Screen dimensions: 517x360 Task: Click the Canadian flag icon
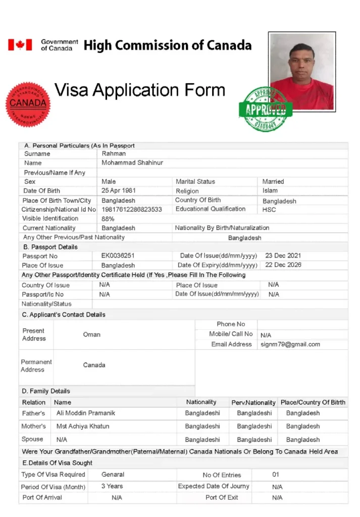point(20,45)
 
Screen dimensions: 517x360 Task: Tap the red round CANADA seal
point(28,105)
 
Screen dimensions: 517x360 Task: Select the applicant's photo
point(302,72)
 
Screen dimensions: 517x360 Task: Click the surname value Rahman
point(114,153)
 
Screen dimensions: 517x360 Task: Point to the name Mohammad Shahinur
point(132,163)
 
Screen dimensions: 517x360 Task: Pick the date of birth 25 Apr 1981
point(119,191)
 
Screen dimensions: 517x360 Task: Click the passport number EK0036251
point(118,256)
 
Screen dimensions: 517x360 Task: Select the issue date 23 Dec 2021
point(283,256)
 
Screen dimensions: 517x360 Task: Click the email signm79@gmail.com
point(290,344)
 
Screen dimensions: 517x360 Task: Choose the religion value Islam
point(270,191)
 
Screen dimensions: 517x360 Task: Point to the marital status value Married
point(273,181)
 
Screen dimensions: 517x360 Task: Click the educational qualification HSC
point(269,210)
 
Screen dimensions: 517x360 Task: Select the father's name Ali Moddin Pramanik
point(85,413)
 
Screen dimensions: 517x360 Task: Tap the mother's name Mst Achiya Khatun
point(83,426)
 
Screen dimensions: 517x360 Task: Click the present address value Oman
point(91,334)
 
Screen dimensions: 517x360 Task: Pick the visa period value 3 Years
point(112,486)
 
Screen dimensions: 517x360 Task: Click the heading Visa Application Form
point(139,90)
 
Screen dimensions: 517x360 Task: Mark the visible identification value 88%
point(108,219)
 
